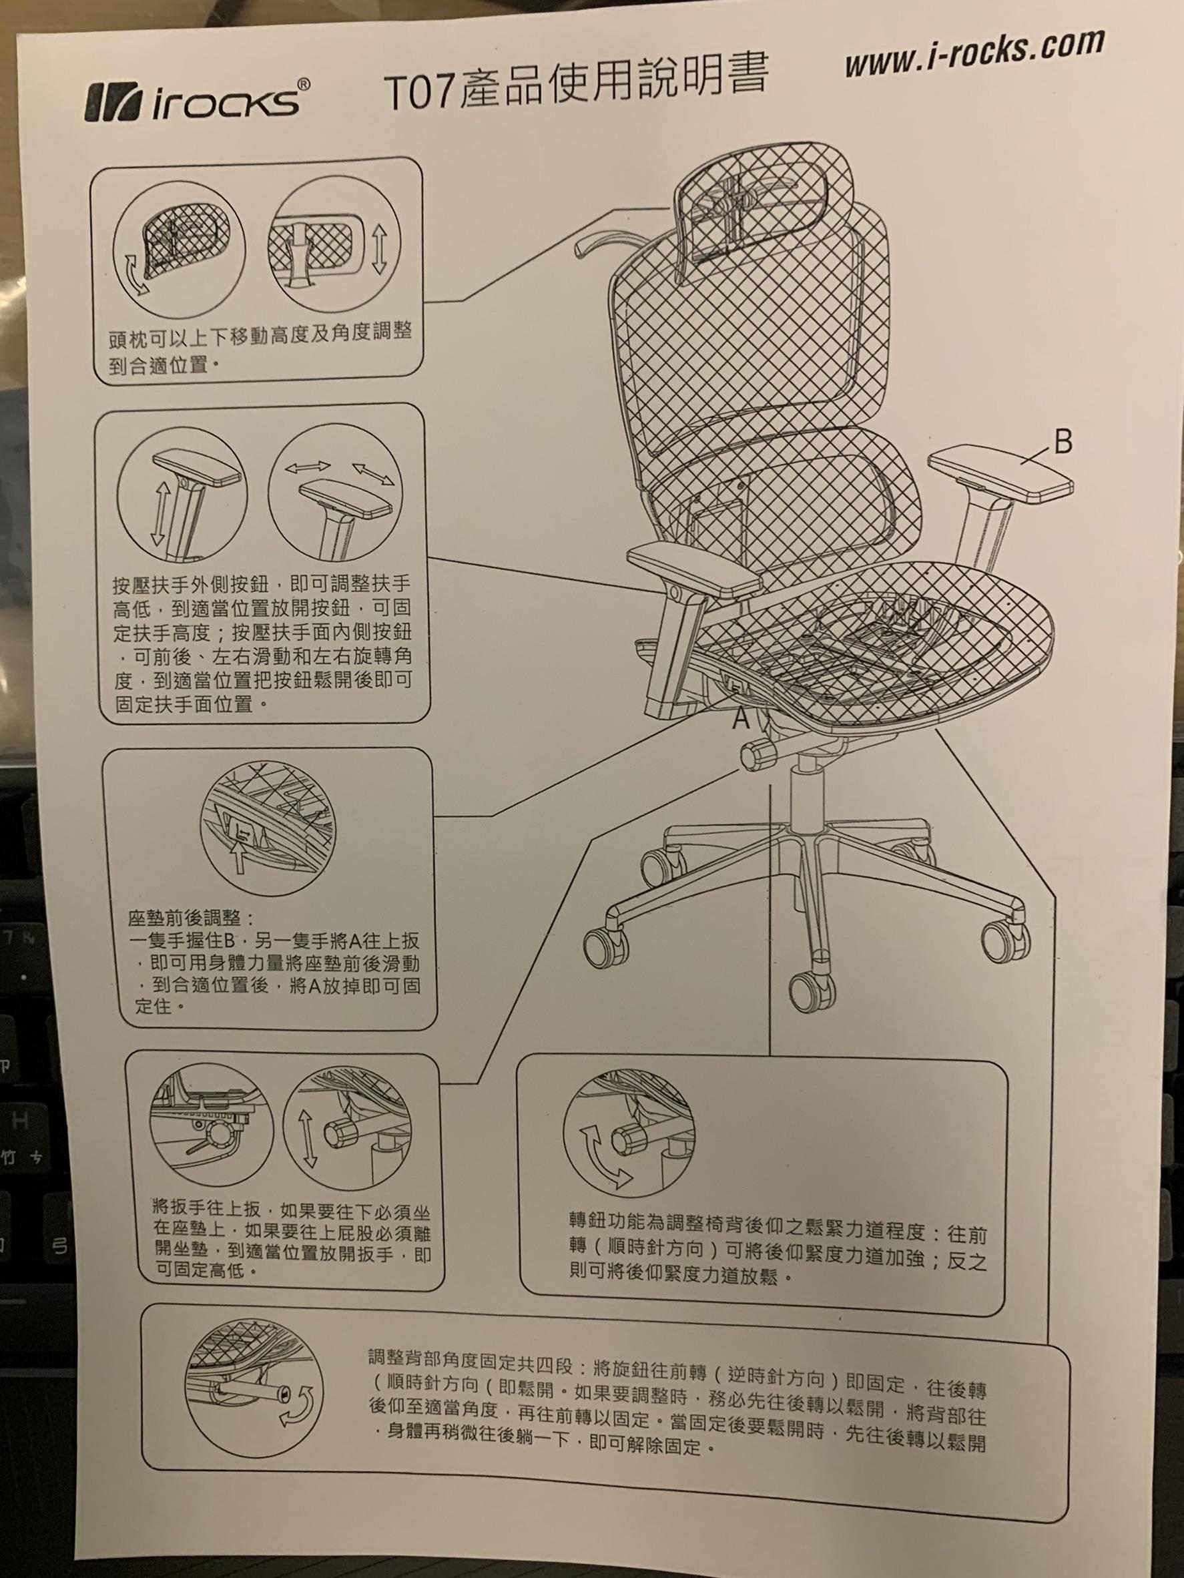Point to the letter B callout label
coord(1062,443)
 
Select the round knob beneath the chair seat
coord(759,755)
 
